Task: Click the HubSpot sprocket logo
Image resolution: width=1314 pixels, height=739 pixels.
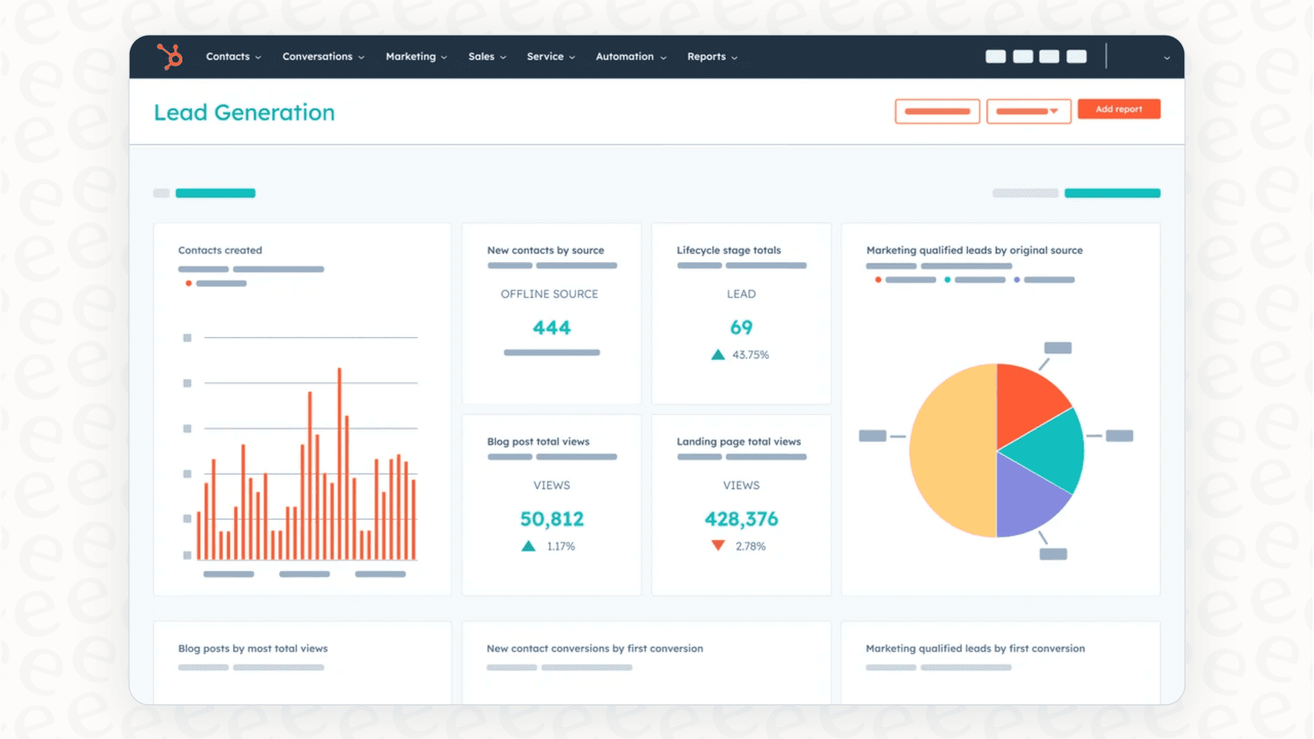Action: tap(170, 56)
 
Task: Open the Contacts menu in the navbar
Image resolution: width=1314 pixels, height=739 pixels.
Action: tap(233, 56)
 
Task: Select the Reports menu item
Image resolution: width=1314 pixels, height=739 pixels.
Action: tap(712, 56)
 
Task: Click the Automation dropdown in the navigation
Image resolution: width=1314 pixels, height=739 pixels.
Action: tap(630, 56)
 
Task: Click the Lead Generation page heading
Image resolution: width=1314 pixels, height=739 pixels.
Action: tap(244, 113)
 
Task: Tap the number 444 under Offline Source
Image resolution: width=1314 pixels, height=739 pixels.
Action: tap(551, 328)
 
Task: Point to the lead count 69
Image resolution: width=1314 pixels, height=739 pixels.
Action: tap(741, 328)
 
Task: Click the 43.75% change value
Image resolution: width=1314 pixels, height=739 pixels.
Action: tap(750, 355)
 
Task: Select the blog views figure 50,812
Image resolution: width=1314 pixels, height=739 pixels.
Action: tap(551, 519)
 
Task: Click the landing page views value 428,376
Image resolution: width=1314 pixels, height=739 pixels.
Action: tap(741, 519)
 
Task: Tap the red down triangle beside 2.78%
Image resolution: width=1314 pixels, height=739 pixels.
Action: tap(718, 545)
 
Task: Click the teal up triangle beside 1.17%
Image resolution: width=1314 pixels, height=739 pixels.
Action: tap(529, 546)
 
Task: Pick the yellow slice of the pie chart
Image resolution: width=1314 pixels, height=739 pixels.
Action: tap(950, 451)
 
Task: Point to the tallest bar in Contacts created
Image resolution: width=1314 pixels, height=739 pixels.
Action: tap(339, 461)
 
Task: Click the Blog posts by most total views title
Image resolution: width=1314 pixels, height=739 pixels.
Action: tap(253, 648)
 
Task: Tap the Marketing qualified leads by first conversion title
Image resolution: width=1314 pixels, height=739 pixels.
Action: tap(975, 648)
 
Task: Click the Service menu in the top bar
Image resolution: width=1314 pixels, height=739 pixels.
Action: tap(551, 56)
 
